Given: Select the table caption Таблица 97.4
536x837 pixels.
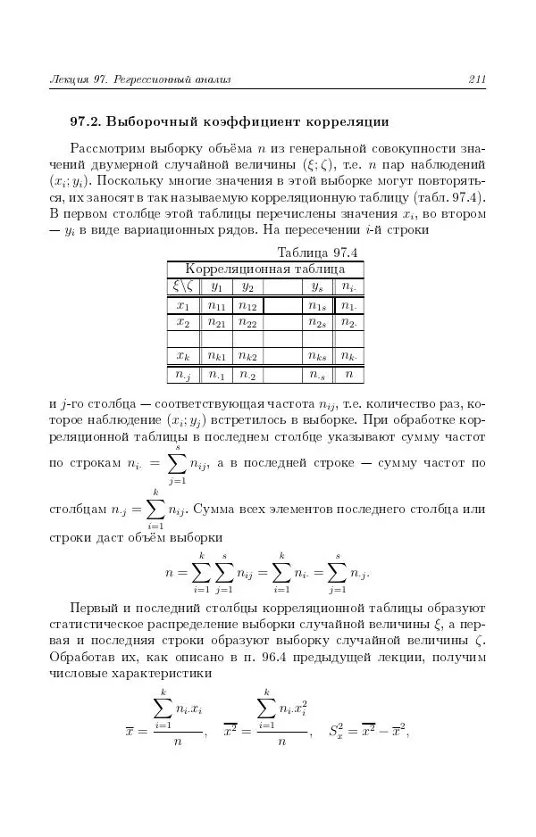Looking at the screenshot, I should pos(318,252).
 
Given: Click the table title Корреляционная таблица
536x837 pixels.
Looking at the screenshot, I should pos(264,269).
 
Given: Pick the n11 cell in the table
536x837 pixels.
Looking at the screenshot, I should pos(216,306).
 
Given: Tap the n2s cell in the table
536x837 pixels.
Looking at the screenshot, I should pos(316,322).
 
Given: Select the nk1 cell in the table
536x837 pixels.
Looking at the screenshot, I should pos(216,356).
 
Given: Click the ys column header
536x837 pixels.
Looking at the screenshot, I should pos(316,286).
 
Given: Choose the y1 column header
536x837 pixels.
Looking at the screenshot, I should pos(216,286).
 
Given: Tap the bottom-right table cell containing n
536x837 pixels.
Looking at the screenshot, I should pos(348,375).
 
